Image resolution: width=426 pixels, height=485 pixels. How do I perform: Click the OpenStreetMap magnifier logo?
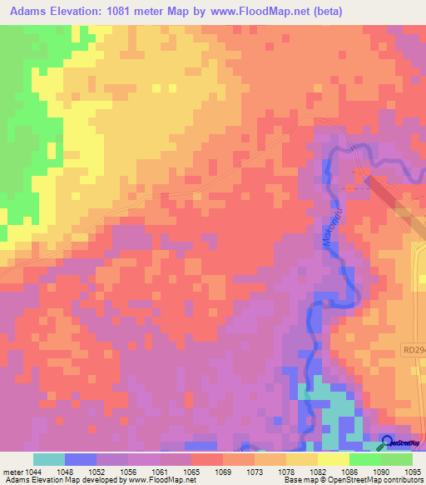[x=389, y=442]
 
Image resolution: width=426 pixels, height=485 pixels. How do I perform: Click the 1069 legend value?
[x=222, y=472]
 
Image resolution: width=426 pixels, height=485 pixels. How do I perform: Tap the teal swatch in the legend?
[x=49, y=459]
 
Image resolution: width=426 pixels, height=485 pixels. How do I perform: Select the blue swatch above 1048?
[x=81, y=459]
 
